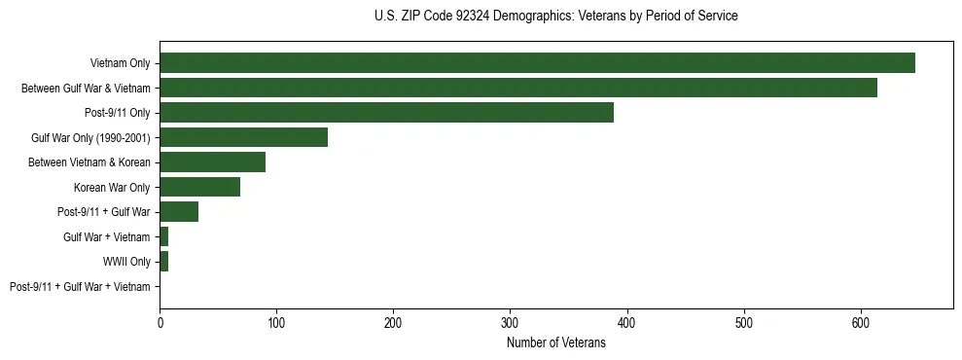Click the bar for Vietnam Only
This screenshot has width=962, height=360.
point(537,63)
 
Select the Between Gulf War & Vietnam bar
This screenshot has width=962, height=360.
point(518,88)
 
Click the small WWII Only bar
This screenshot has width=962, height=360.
point(163,262)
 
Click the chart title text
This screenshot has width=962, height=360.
point(555,17)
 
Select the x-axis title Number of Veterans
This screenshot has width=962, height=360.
point(555,342)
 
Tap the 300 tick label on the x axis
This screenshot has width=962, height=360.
point(510,321)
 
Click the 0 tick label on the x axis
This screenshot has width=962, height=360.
point(160,321)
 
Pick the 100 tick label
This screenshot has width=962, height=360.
point(276,321)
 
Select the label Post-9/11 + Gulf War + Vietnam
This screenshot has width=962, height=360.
point(80,287)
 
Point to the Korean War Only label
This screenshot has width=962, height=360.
point(112,187)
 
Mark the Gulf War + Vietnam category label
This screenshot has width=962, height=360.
point(106,237)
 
